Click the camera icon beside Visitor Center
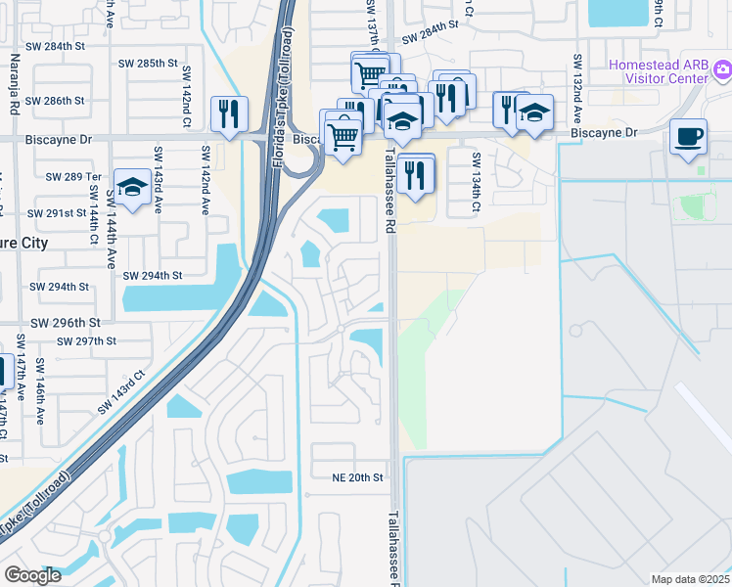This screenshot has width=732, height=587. click(722, 68)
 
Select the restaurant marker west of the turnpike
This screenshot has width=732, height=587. click(229, 113)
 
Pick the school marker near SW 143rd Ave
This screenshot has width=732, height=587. click(131, 187)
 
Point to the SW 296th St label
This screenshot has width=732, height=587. click(66, 322)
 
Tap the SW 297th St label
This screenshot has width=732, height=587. click(87, 340)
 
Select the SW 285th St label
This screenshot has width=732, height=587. click(148, 63)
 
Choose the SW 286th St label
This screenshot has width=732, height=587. click(55, 101)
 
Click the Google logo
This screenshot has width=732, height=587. click(32, 575)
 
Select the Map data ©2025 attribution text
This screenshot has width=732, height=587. click(690, 579)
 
